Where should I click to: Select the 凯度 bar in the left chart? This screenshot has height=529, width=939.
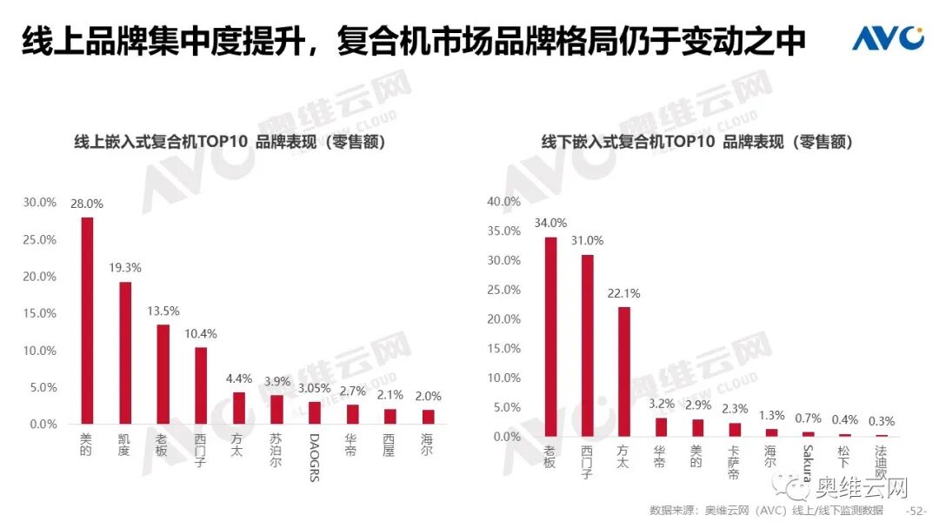coord(125,352)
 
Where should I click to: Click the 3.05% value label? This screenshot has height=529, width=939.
coord(314,389)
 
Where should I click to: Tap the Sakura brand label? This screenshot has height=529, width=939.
coord(808,465)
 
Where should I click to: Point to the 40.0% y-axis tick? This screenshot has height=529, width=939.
coord(503,202)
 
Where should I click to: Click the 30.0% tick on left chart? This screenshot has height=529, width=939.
coord(39,203)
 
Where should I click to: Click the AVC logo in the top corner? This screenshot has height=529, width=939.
coord(887,38)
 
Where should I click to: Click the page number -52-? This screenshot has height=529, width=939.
coord(916,511)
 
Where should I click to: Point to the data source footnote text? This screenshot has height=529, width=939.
coord(766,511)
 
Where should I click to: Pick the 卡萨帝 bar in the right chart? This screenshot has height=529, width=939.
coord(735,429)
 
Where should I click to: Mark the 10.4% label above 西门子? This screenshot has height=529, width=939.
coord(200,334)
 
